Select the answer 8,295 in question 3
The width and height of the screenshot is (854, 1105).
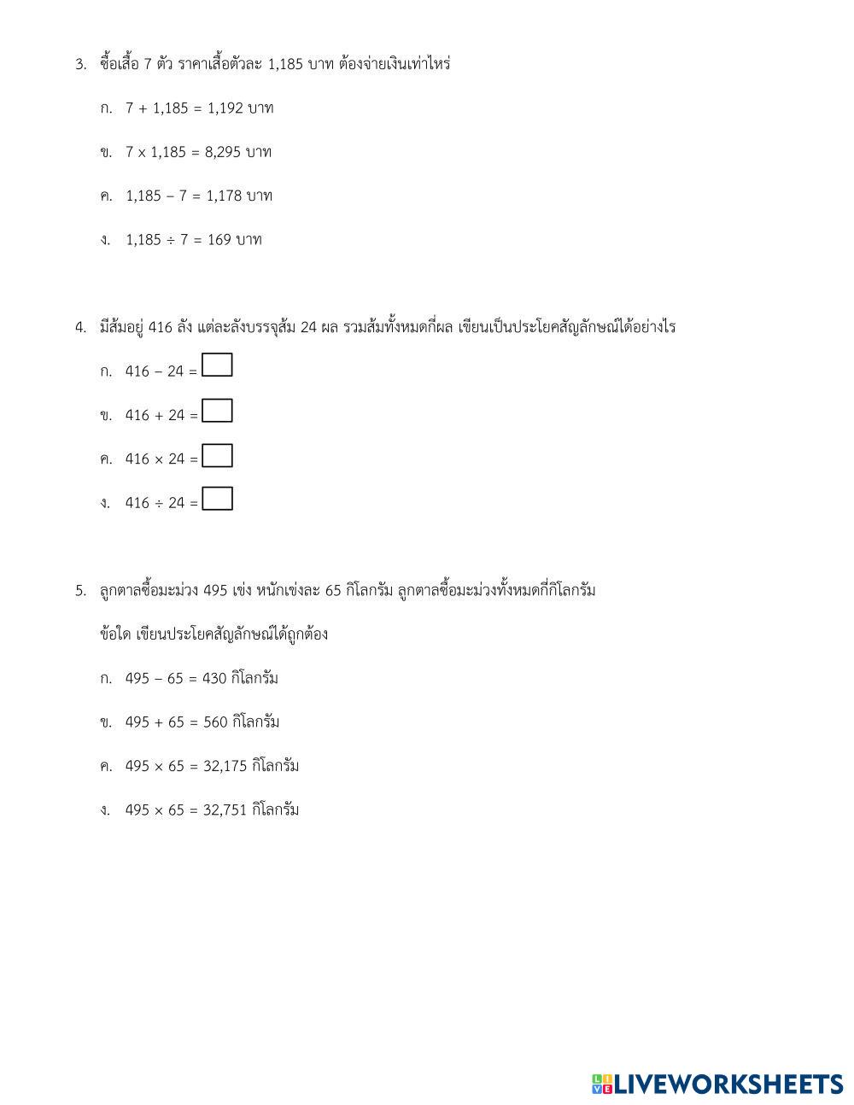(223, 152)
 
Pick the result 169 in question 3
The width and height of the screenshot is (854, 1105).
(219, 240)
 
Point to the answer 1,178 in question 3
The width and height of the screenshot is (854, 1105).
(224, 196)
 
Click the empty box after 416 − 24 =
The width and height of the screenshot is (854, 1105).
(217, 366)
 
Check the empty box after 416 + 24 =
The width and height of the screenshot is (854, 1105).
(217, 411)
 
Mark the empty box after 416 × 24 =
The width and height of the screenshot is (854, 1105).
(217, 455)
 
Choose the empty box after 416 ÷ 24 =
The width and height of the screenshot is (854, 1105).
(217, 499)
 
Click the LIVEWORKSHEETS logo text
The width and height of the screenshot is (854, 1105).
(728, 1085)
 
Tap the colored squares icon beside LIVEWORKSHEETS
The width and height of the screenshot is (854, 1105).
(602, 1085)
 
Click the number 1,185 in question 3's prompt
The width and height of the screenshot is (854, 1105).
(285, 64)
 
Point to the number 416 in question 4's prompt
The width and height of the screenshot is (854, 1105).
(161, 328)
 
